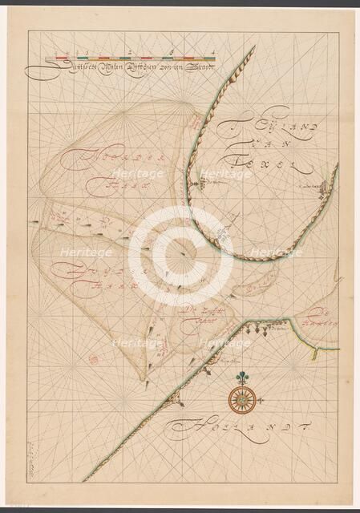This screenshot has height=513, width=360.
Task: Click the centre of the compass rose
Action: (240, 395)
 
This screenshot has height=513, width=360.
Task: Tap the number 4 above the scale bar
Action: (212, 50)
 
